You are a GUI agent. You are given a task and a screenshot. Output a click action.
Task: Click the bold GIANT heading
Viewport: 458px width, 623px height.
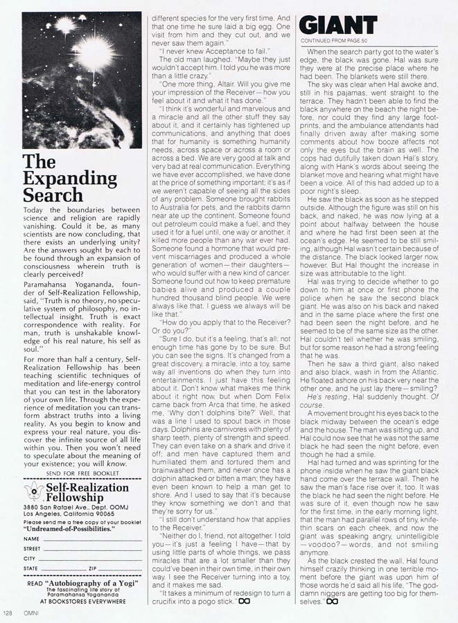[338, 26]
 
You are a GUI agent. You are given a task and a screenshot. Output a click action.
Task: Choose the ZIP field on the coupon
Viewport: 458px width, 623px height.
[111, 568]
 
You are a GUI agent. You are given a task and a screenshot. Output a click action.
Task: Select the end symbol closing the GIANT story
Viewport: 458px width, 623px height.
[332, 602]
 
